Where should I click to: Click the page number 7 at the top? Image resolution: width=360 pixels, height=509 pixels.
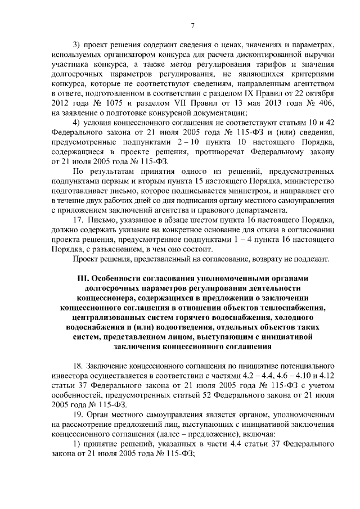pos(192,25)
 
